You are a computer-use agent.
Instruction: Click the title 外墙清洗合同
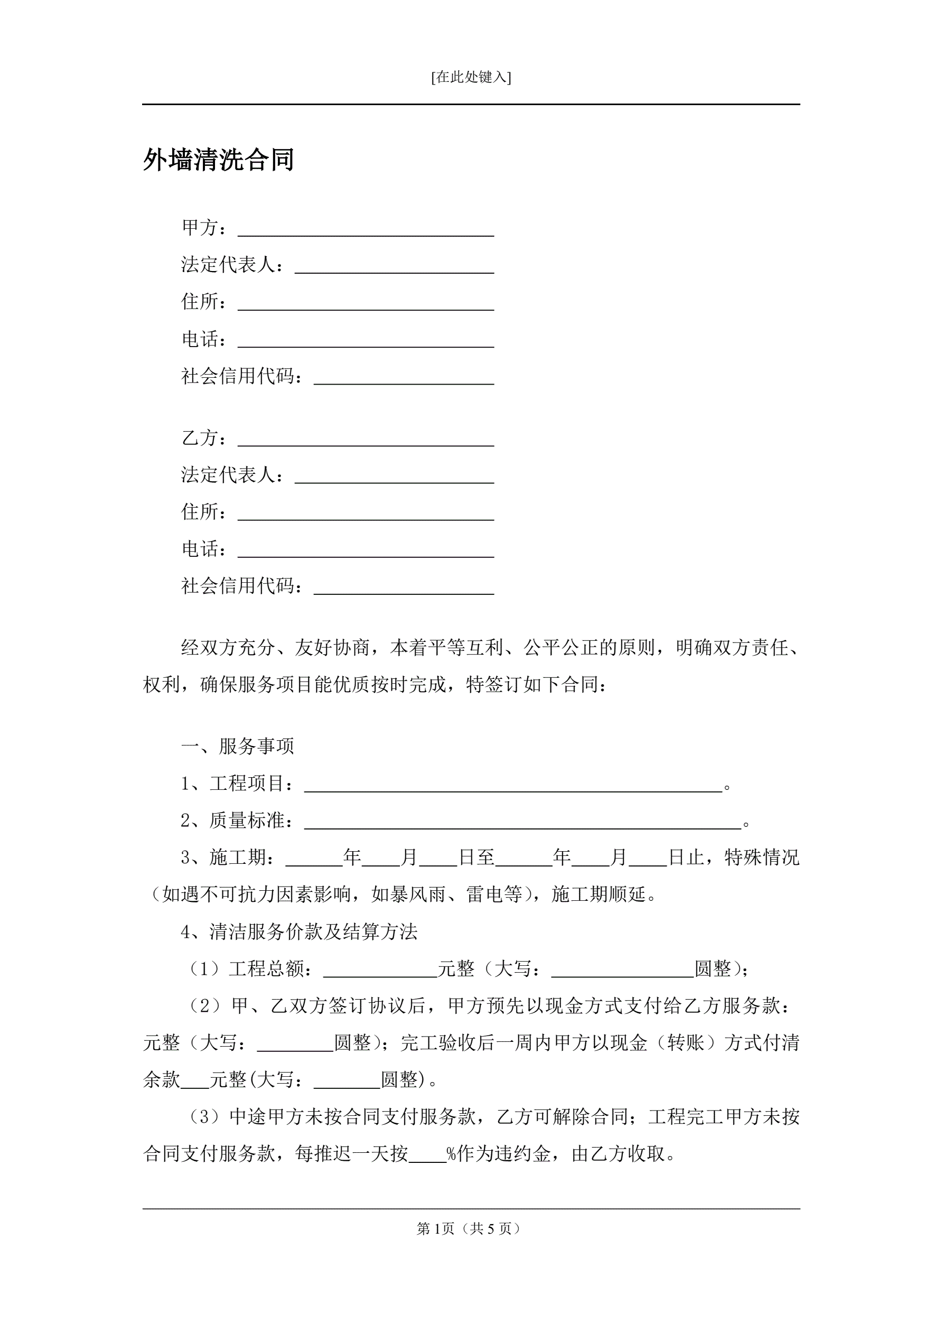point(218,160)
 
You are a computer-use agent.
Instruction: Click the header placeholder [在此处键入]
point(471,77)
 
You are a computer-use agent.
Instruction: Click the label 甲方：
point(204,228)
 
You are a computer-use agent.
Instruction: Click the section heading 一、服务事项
point(238,746)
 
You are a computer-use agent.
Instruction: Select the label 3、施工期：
point(228,857)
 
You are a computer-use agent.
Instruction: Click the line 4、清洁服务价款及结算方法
point(299,932)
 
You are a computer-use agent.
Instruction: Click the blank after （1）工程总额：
point(380,970)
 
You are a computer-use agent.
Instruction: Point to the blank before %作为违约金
point(427,1155)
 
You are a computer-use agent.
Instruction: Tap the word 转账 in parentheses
point(685,1043)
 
